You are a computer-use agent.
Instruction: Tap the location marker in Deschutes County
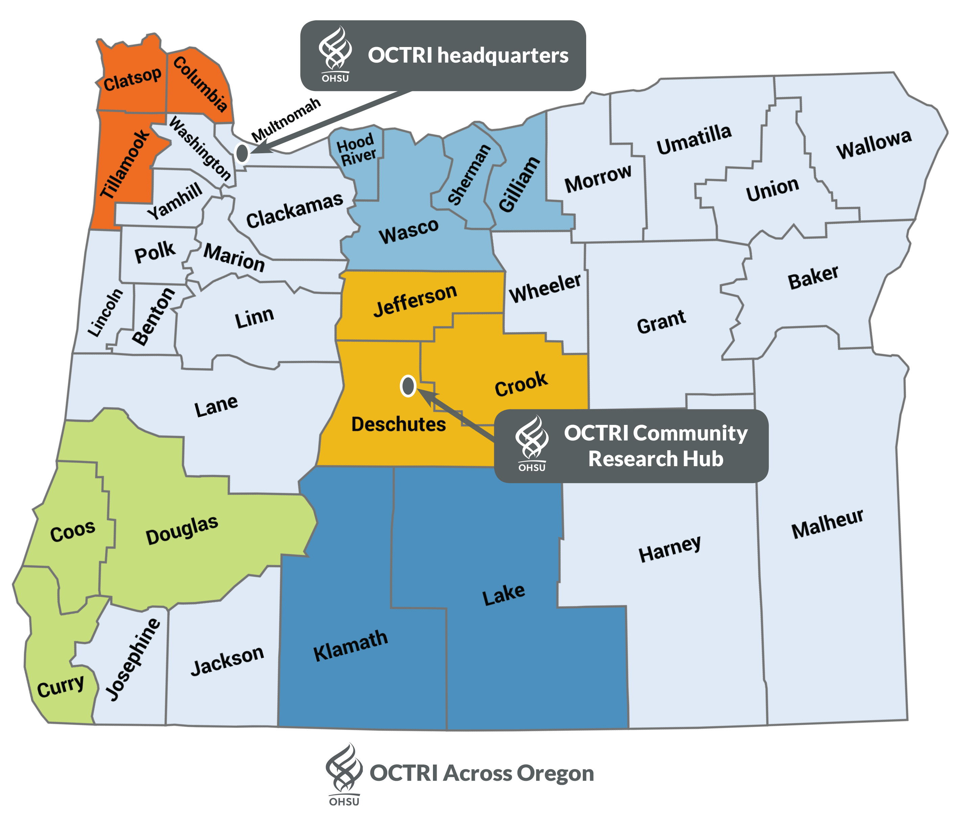(x=408, y=385)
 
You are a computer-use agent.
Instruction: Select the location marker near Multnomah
(x=242, y=153)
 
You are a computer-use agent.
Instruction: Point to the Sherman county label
(x=469, y=174)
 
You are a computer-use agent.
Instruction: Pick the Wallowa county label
(x=874, y=144)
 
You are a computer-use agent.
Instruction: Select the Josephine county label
(x=133, y=658)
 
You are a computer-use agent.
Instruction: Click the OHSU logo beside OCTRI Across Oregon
(x=344, y=773)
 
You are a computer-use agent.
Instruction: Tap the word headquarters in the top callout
(x=503, y=55)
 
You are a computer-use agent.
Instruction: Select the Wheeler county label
(x=545, y=288)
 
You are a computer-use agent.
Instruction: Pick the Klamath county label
(x=350, y=645)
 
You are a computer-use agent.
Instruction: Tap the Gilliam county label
(x=519, y=185)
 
